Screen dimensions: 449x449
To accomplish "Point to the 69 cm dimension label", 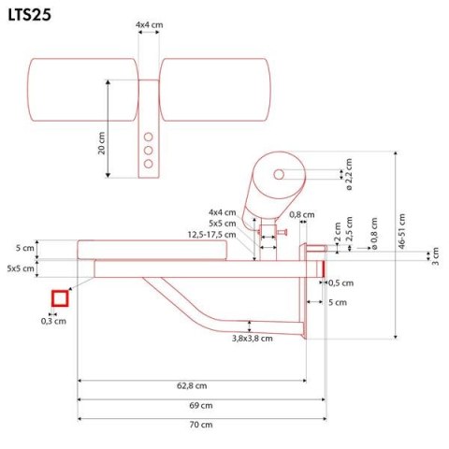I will tap(199, 405).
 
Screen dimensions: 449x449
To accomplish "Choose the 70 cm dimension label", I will tap(199, 425).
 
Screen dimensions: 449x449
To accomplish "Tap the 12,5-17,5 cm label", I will tap(210, 234).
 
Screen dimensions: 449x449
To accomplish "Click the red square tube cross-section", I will tap(61, 298).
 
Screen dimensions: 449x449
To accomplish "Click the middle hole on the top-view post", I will tap(148, 149).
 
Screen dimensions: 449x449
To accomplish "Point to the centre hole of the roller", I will tap(280, 174).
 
